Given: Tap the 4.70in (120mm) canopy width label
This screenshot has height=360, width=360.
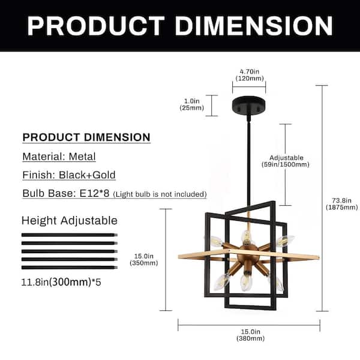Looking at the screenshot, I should click(x=249, y=73).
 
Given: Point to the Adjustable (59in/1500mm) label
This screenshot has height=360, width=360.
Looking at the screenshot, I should click(x=286, y=161).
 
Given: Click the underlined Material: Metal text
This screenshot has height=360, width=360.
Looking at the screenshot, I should click(x=59, y=157).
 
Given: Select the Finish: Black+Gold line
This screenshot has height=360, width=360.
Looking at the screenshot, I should click(x=69, y=175).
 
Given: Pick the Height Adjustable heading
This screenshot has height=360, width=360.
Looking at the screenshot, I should click(x=70, y=220).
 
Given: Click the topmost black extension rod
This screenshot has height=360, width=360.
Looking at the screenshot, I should click(x=70, y=234).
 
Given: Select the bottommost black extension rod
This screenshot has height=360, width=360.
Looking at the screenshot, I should click(x=70, y=268).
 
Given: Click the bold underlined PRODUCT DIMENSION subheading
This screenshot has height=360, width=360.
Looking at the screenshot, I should click(x=86, y=137).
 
